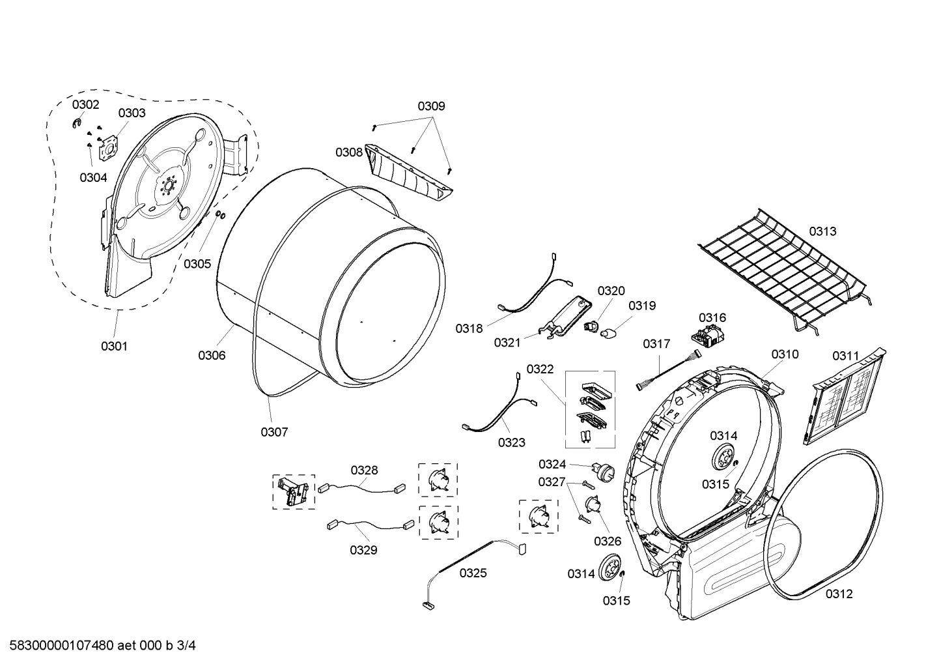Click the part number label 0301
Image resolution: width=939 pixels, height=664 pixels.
click(x=114, y=346)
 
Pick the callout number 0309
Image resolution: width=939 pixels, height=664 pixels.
click(x=431, y=106)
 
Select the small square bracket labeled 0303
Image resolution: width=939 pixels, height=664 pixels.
click(x=106, y=149)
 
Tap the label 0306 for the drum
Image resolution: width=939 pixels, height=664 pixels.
click(x=212, y=355)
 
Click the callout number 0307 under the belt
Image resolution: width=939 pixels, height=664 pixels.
click(x=274, y=431)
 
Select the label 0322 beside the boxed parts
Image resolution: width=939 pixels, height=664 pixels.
click(x=540, y=369)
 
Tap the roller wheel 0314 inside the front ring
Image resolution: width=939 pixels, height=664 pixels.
click(x=723, y=457)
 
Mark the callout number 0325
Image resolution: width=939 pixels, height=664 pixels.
click(x=473, y=573)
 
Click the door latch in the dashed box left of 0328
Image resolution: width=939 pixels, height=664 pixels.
click(x=293, y=491)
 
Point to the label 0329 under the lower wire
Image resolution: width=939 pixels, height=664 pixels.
click(x=363, y=550)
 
